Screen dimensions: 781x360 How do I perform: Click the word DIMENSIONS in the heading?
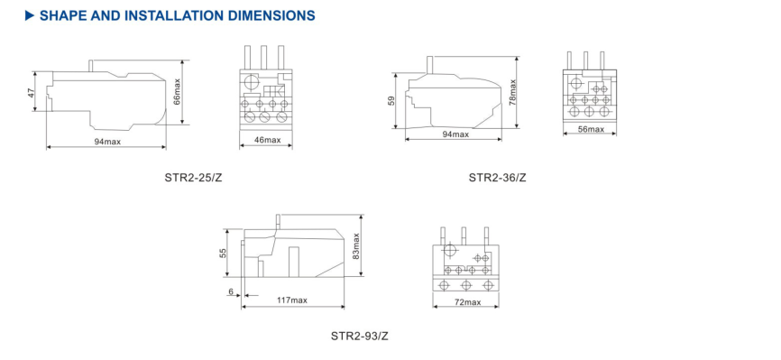270,15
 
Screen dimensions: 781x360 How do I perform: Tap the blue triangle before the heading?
30,16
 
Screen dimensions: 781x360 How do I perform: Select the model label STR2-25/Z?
193,177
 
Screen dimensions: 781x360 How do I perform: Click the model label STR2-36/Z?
497,177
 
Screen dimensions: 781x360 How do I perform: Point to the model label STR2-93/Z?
360,336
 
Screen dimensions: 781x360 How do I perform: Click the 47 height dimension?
32,93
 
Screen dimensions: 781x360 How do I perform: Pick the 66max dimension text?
178,92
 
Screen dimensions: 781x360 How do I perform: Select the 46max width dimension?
267,140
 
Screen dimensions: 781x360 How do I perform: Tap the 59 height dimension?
391,101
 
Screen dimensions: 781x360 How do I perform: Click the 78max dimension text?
512,92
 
